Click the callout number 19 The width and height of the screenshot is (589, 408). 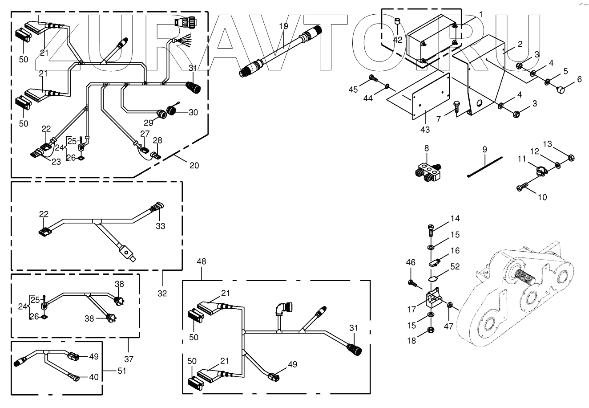coord(283,26)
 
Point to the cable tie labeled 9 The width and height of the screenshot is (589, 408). coord(485,167)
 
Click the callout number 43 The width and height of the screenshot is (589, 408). coord(425,130)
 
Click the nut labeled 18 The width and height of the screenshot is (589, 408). coord(431,330)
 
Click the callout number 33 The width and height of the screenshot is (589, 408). coord(160,226)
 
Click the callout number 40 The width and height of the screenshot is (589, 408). coord(93,377)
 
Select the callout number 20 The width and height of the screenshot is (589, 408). coord(194,166)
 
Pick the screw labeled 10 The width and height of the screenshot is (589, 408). coord(522,188)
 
